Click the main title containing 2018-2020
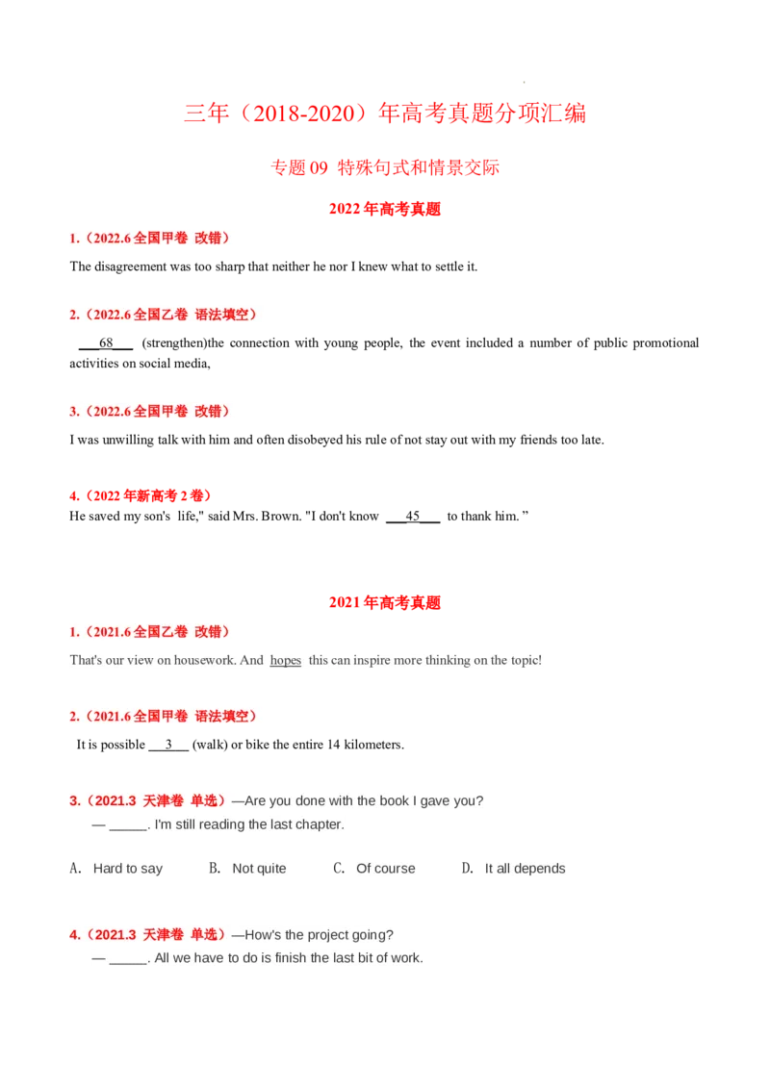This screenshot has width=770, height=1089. click(385, 114)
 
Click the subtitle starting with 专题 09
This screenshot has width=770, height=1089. click(385, 167)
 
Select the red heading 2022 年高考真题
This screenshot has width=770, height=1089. click(385, 209)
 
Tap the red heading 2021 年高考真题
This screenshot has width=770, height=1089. click(385, 602)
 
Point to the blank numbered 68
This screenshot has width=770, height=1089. click(106, 343)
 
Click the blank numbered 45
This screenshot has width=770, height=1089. click(413, 516)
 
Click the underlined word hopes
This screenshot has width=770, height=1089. click(286, 661)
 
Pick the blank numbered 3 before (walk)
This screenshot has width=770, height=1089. click(168, 745)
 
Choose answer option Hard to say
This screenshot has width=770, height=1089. click(128, 869)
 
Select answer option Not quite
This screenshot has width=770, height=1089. click(259, 869)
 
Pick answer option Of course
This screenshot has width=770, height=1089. click(386, 869)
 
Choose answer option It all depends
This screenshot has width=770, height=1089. click(526, 869)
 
